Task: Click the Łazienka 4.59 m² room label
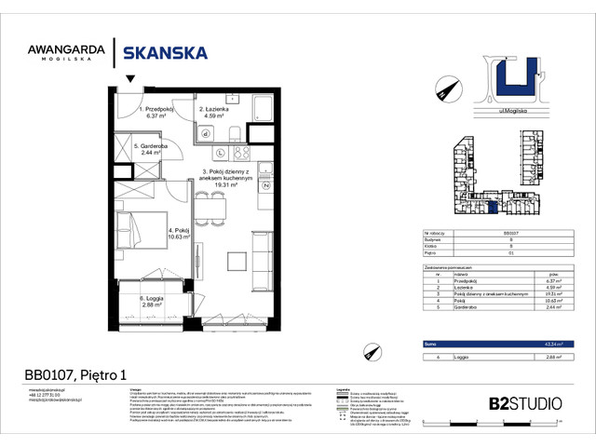[x=215, y=114]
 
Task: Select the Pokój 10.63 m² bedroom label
[x=178, y=233]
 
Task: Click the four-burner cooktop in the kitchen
[x=241, y=153]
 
